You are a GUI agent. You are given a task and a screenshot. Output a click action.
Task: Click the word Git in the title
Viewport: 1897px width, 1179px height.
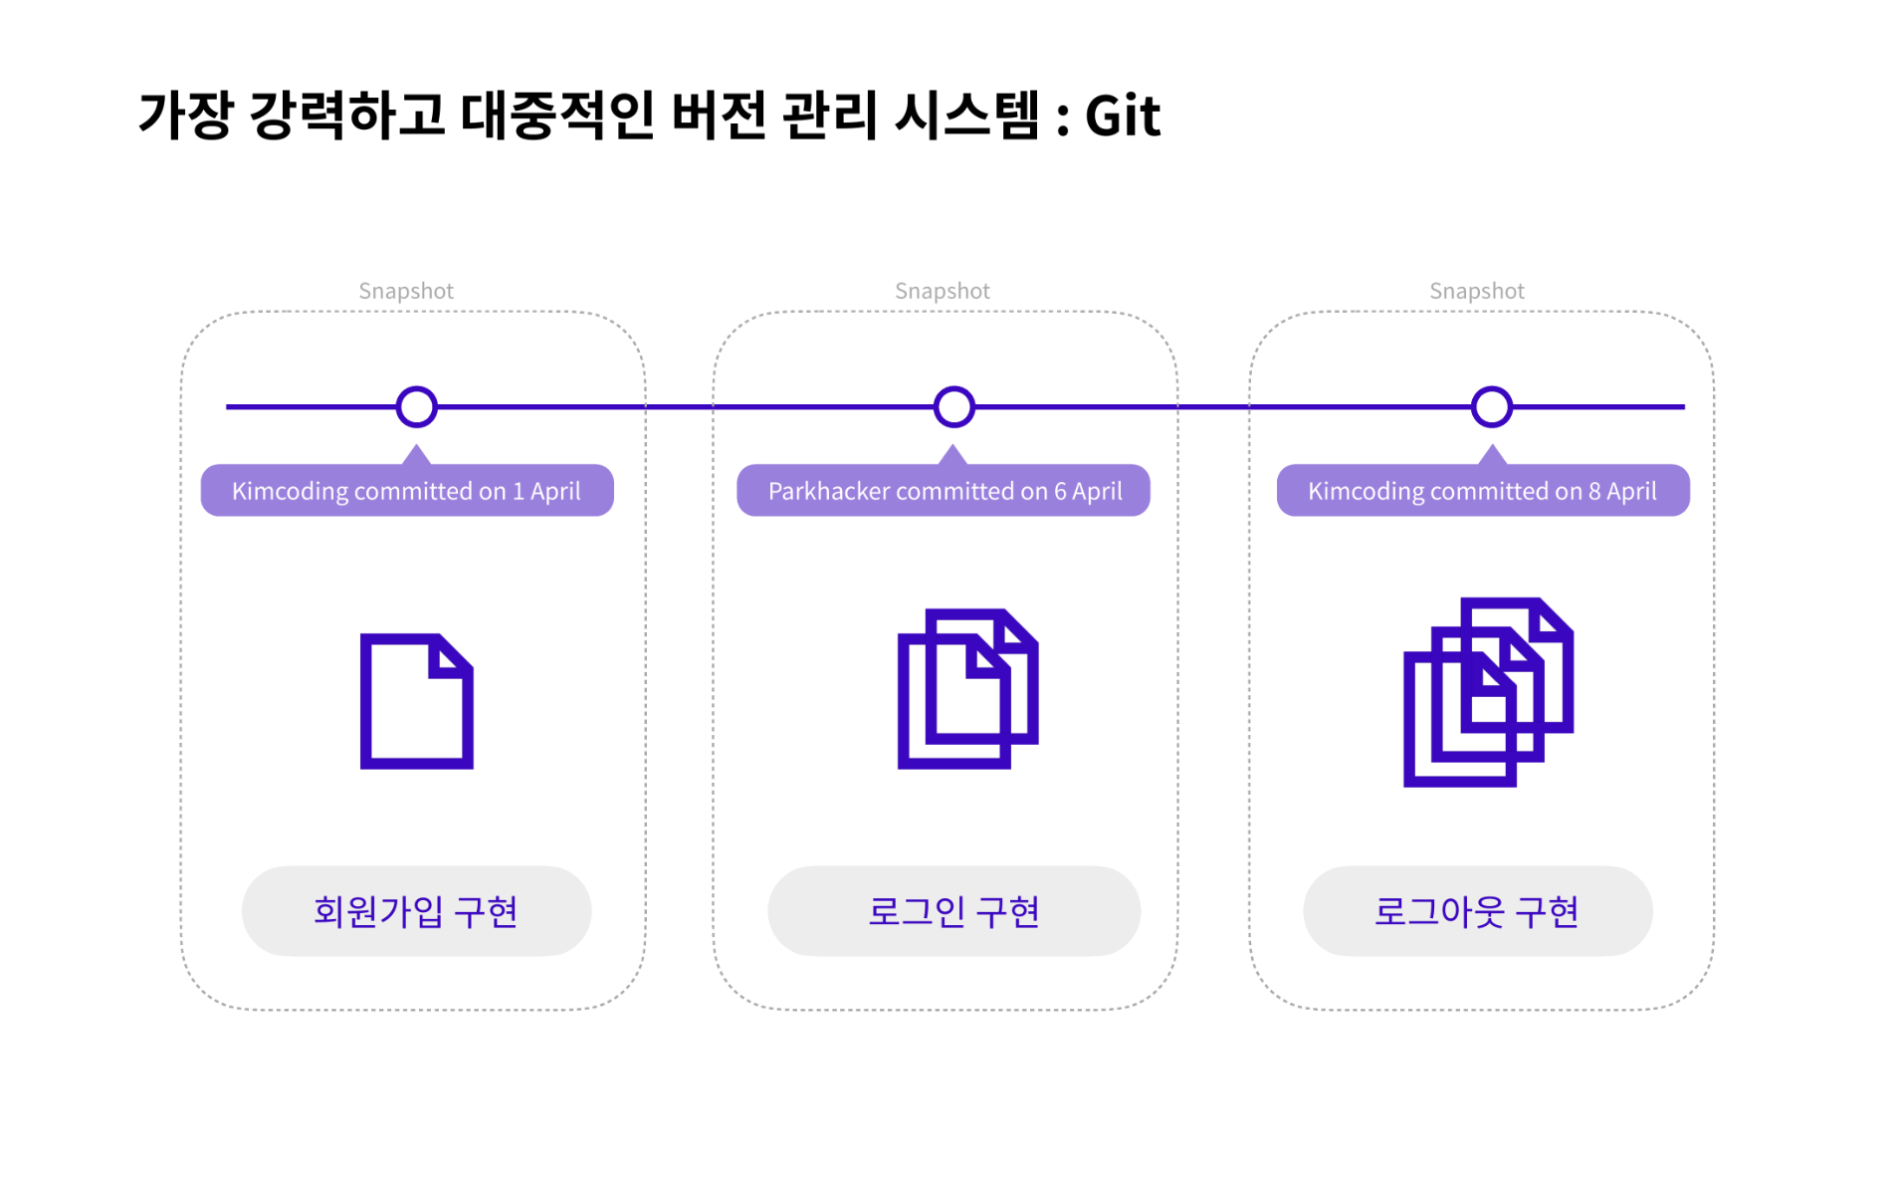(1122, 116)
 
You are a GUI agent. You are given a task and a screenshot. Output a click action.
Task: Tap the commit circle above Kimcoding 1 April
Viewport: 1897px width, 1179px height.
(416, 406)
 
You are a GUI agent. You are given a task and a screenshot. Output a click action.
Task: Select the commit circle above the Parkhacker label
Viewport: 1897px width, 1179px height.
(953, 406)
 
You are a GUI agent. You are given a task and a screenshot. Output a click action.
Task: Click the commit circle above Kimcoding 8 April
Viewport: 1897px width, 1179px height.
(1491, 406)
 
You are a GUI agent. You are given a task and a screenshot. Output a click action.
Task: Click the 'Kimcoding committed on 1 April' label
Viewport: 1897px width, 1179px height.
(406, 491)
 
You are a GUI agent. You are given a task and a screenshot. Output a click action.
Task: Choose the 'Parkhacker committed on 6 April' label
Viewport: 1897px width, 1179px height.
(944, 491)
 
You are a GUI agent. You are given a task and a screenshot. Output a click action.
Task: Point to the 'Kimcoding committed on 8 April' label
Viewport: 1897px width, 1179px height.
(1482, 491)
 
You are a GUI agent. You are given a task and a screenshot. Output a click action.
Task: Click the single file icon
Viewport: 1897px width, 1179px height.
(416, 700)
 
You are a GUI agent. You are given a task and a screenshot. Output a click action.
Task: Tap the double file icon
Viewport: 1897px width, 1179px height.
(967, 688)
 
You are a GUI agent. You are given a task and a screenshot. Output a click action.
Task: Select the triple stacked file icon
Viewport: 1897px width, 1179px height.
(1488, 692)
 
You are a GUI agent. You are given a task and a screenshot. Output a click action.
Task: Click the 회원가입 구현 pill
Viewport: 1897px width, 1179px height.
(416, 911)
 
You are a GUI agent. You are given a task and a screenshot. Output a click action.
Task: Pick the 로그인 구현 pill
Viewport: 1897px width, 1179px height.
(953, 911)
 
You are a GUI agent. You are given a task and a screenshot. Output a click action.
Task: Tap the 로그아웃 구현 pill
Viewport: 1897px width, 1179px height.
(1477, 911)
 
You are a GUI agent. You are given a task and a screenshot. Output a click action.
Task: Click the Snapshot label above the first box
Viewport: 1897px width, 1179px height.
(406, 291)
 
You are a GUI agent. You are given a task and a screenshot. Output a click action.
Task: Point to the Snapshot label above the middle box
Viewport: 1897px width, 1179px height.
(943, 291)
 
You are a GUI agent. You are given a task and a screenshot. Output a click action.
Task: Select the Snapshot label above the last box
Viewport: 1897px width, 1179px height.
(1477, 291)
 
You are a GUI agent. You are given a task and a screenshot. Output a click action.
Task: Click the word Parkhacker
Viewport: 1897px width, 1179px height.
(828, 491)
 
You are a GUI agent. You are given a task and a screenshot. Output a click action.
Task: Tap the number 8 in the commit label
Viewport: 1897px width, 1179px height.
(1594, 491)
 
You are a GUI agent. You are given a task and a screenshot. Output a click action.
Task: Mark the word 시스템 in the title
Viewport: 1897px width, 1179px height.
(966, 116)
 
